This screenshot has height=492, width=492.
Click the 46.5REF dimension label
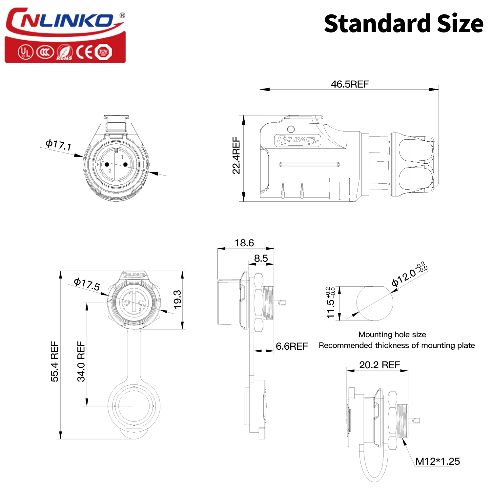(350, 84)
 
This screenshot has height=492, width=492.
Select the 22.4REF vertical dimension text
(236, 155)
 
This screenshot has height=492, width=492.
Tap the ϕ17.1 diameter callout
(58, 145)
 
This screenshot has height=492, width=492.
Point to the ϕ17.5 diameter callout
(87, 284)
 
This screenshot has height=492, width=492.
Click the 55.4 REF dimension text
(54, 361)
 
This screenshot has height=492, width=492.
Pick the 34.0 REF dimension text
(81, 361)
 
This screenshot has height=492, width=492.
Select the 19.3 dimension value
(177, 299)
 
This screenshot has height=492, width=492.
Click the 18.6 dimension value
(244, 243)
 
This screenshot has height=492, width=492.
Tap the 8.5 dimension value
(261, 258)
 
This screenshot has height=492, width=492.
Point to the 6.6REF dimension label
(292, 346)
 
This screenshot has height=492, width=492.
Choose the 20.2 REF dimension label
(379, 365)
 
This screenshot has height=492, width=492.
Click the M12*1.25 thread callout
(438, 461)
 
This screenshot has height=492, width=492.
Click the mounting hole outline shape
(375, 303)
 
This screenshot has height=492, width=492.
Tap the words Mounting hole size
(392, 335)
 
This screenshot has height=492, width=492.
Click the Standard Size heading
(403, 24)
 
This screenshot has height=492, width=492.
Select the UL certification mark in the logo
(25, 52)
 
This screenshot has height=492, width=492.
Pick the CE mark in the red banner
(84, 52)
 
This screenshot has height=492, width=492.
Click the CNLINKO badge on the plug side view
(297, 140)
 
